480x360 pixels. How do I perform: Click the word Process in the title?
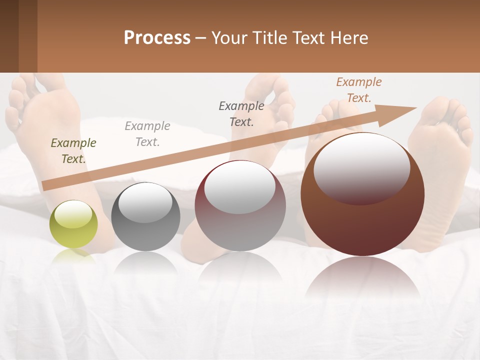157,37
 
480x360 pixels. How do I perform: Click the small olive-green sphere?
73,224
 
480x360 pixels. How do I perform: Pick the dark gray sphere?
145,216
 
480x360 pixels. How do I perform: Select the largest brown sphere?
362,194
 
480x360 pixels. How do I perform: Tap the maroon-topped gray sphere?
240,205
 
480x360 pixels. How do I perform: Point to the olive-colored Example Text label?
73,150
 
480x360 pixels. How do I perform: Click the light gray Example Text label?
147,133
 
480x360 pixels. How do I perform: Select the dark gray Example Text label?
241,113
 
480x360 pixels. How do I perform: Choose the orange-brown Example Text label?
358,89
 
